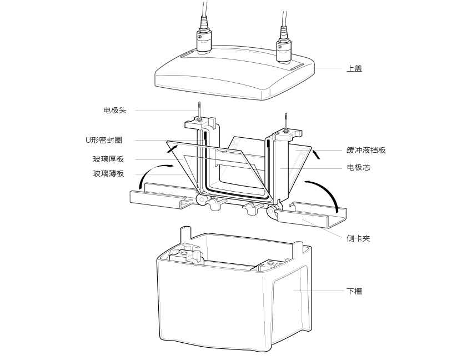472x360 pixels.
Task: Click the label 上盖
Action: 354,68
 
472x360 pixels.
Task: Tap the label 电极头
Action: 115,110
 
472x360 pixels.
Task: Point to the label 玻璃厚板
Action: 108,159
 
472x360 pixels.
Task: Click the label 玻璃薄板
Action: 108,174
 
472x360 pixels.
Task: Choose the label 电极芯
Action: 358,167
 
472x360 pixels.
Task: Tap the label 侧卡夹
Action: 358,238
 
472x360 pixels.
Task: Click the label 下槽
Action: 354,291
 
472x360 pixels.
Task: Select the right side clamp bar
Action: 311,217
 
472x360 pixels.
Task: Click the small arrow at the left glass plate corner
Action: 173,147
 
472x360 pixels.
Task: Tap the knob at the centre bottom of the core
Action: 251,209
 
